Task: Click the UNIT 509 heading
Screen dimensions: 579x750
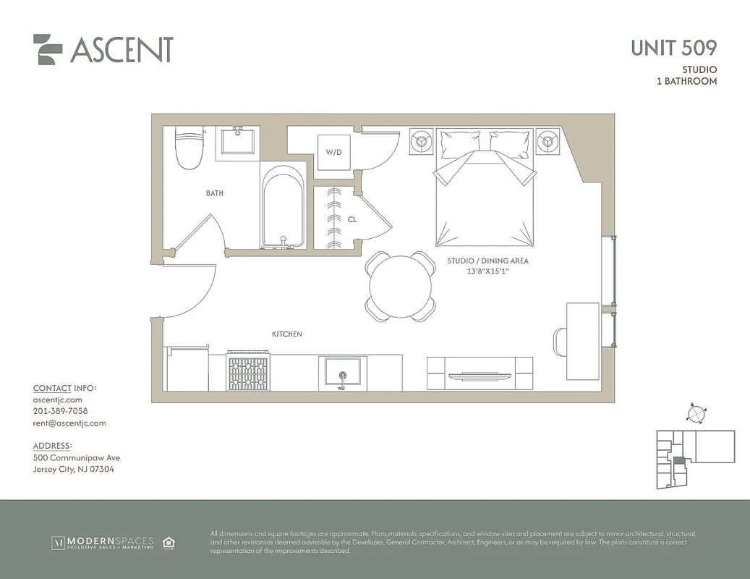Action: coord(673,48)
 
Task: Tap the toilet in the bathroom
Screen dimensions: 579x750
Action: coord(189,147)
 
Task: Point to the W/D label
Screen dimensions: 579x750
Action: coord(333,153)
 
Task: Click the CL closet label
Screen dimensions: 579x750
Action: coord(351,219)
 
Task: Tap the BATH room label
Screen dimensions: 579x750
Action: coord(214,193)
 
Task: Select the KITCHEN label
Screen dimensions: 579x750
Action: coord(286,334)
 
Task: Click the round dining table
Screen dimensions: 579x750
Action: coord(401,287)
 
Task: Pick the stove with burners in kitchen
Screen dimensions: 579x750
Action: coord(248,371)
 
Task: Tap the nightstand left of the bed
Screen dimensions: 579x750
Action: coord(421,141)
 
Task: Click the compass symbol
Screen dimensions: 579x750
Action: coord(695,413)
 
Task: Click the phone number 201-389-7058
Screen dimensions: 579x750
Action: coord(60,411)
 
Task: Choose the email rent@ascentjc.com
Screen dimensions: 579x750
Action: coord(69,423)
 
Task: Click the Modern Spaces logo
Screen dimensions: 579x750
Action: coord(102,542)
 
